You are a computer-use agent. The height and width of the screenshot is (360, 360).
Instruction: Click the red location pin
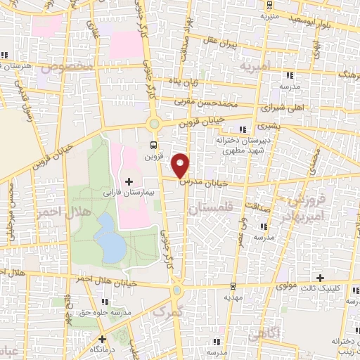click(181, 165)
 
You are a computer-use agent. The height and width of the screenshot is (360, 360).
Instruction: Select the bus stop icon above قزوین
click(153, 146)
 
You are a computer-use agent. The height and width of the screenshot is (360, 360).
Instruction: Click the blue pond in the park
click(108, 238)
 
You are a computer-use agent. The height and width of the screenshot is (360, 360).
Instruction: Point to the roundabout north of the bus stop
click(153, 124)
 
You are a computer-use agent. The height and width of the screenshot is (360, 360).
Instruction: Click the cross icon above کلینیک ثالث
click(321, 278)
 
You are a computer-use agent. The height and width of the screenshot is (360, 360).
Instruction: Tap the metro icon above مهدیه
click(233, 286)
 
